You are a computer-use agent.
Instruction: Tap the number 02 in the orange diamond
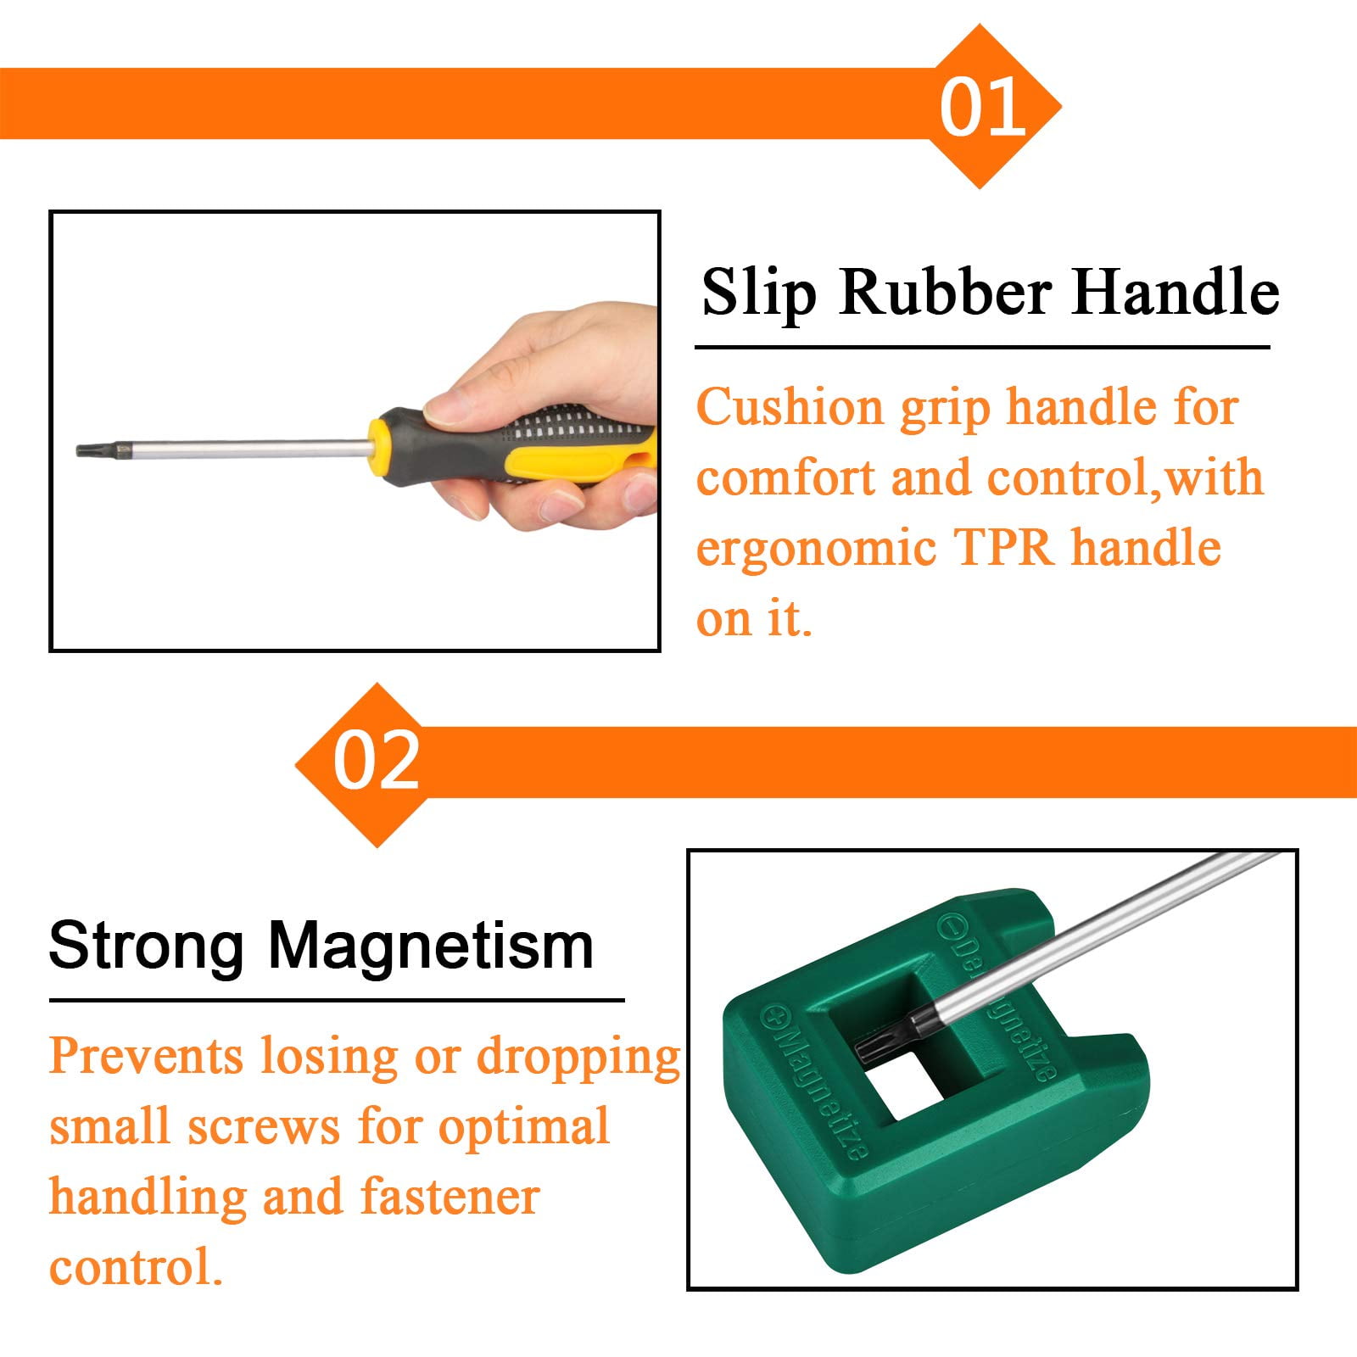[376, 761]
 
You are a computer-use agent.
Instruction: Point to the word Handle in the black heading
[1176, 293]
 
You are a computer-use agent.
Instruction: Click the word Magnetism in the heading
[431, 947]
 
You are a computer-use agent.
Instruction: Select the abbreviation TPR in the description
[1004, 547]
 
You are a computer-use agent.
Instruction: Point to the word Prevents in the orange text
[146, 1057]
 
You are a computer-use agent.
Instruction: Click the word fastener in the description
[449, 1197]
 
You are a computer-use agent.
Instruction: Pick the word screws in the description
[264, 1129]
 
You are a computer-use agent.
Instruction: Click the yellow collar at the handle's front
[380, 442]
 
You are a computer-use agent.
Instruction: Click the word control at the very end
[136, 1267]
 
